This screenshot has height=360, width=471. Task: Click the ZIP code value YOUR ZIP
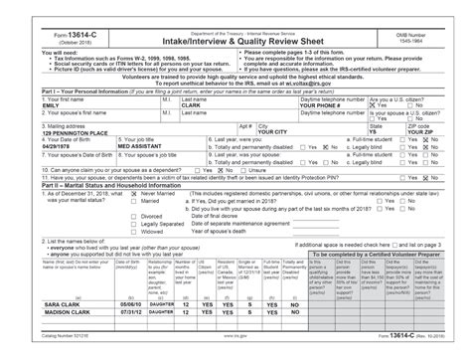point(418,132)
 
